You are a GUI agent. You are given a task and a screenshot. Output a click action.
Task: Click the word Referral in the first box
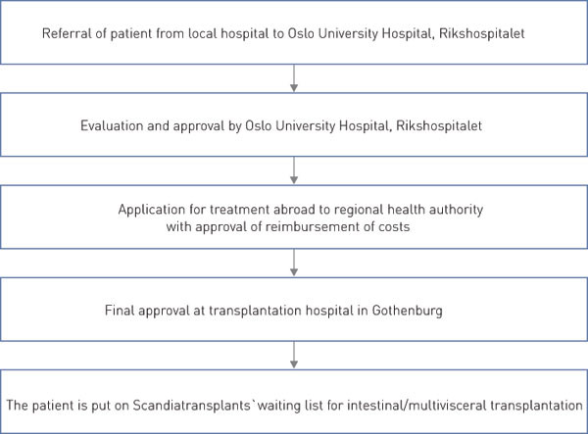(65, 34)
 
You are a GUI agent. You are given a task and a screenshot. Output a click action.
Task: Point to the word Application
(152, 210)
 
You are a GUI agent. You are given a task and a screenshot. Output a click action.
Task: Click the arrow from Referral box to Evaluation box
(294, 79)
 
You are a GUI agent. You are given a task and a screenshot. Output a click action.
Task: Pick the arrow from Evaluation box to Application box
(294, 170)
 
